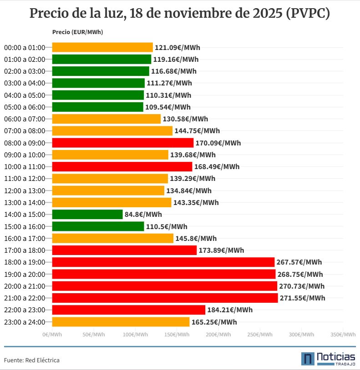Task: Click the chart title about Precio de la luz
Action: tap(180, 14)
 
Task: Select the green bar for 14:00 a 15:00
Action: tap(87, 214)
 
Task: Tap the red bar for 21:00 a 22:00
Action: tap(165, 298)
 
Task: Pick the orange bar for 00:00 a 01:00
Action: tap(102, 47)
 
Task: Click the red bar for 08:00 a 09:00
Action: tap(123, 143)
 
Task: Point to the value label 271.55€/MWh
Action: tap(303, 298)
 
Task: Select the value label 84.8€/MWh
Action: tap(143, 215)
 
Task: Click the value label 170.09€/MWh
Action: tap(218, 143)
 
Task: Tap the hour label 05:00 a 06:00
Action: tap(25, 107)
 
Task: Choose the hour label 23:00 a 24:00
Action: tap(25, 322)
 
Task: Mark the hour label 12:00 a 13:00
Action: tap(25, 191)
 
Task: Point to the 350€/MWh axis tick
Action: tap(343, 335)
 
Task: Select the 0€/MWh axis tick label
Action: tap(52, 335)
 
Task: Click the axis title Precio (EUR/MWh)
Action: tap(77, 32)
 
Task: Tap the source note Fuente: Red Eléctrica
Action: tap(32, 360)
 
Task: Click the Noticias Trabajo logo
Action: tap(328, 359)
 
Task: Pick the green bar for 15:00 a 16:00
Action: tap(98, 226)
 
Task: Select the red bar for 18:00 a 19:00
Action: tap(163, 262)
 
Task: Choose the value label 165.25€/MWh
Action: tap(214, 322)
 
